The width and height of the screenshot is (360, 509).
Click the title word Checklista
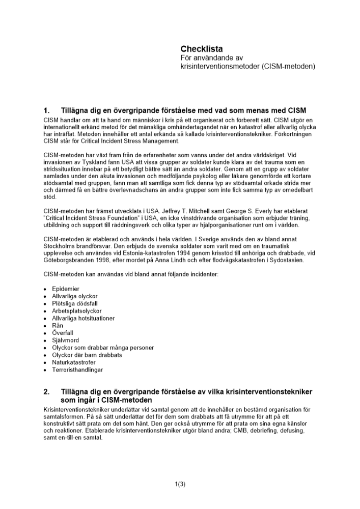click(x=201, y=49)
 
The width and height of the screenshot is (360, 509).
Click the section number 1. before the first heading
click(x=47, y=110)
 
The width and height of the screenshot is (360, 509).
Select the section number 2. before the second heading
click(x=47, y=392)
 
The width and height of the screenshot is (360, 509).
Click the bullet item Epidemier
click(x=66, y=289)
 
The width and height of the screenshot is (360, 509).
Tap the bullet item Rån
click(x=58, y=325)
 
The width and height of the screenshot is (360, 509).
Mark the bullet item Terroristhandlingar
click(x=76, y=370)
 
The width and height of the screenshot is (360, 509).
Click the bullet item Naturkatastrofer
click(x=73, y=362)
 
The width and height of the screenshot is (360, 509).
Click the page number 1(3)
click(x=180, y=484)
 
